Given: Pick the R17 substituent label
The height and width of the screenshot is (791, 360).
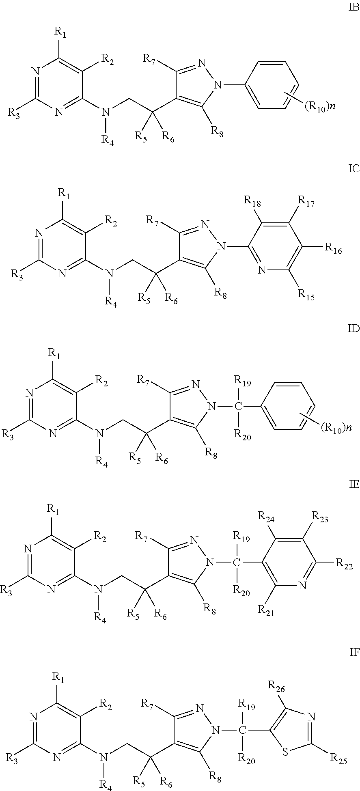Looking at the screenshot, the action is pyautogui.click(x=307, y=200).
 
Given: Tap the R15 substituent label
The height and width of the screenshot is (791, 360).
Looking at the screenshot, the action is pyautogui.click(x=307, y=294).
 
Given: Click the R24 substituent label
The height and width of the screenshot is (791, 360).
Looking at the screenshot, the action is pyautogui.click(x=267, y=517).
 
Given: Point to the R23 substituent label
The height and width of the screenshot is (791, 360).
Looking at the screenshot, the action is pyautogui.click(x=319, y=517).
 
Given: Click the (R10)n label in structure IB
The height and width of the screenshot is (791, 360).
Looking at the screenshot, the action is pyautogui.click(x=319, y=108).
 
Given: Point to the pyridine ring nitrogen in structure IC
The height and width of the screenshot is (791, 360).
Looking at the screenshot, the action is pyautogui.click(x=262, y=269).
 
